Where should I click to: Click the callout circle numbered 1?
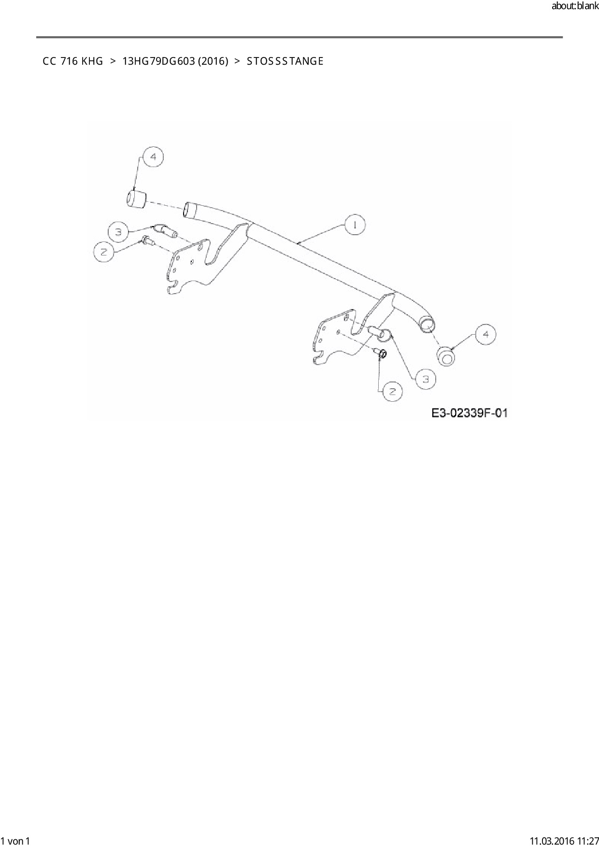(x=355, y=225)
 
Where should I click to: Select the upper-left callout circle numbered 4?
(x=153, y=157)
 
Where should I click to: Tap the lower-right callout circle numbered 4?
(x=485, y=335)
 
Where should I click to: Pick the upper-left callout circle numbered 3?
(x=118, y=232)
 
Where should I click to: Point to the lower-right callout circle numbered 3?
(x=426, y=379)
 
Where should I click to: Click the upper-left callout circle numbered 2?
(x=103, y=252)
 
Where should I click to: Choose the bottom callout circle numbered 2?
(x=392, y=391)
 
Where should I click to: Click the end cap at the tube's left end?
(x=136, y=198)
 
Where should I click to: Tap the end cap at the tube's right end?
(x=446, y=356)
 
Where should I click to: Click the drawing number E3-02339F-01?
(x=470, y=413)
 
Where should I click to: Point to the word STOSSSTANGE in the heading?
(x=285, y=61)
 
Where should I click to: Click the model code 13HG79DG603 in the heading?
(x=159, y=61)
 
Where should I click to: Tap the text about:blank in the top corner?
(x=575, y=7)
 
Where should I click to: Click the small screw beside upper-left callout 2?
(x=147, y=240)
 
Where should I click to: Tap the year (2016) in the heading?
(x=213, y=61)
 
